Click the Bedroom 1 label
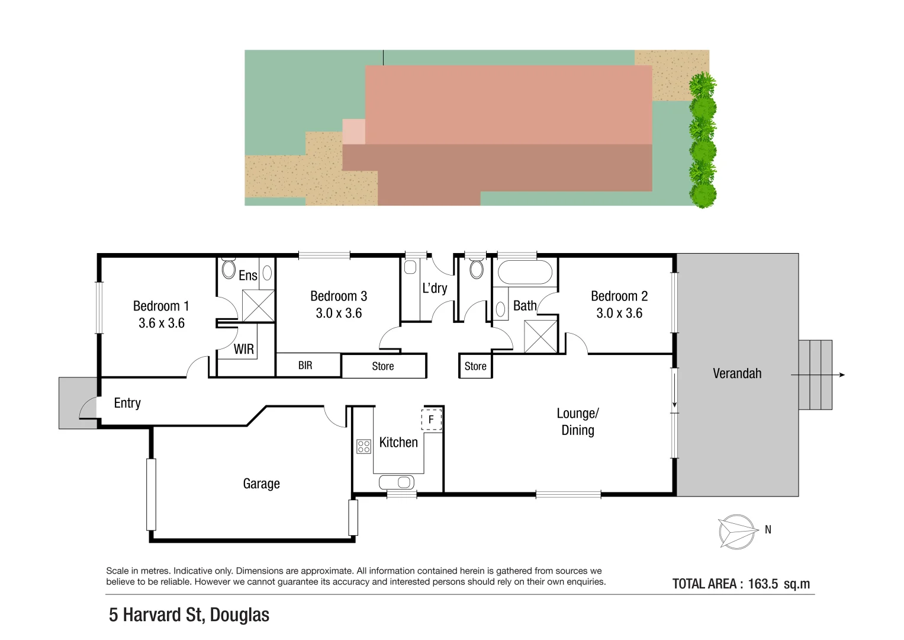pyautogui.click(x=161, y=306)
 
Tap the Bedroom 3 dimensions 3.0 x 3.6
pyautogui.click(x=339, y=313)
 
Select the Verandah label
pyautogui.click(x=737, y=373)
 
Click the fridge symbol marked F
pyautogui.click(x=431, y=420)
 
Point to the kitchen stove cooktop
pyautogui.click(x=363, y=446)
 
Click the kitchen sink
pyautogui.click(x=397, y=482)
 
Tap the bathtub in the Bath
pyautogui.click(x=525, y=272)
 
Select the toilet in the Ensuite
pyautogui.click(x=229, y=269)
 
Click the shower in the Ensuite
pyautogui.click(x=258, y=305)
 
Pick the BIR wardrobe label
pyautogui.click(x=305, y=365)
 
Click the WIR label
pyautogui.click(x=244, y=348)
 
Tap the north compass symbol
pyautogui.click(x=737, y=532)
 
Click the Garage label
pyautogui.click(x=261, y=484)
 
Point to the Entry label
pyautogui.click(x=127, y=403)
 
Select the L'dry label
pyautogui.click(x=435, y=288)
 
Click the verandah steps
pyautogui.click(x=815, y=375)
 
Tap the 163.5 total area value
pyautogui.click(x=763, y=584)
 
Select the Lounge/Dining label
pyautogui.click(x=578, y=421)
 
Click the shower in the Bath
pyautogui.click(x=541, y=337)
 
